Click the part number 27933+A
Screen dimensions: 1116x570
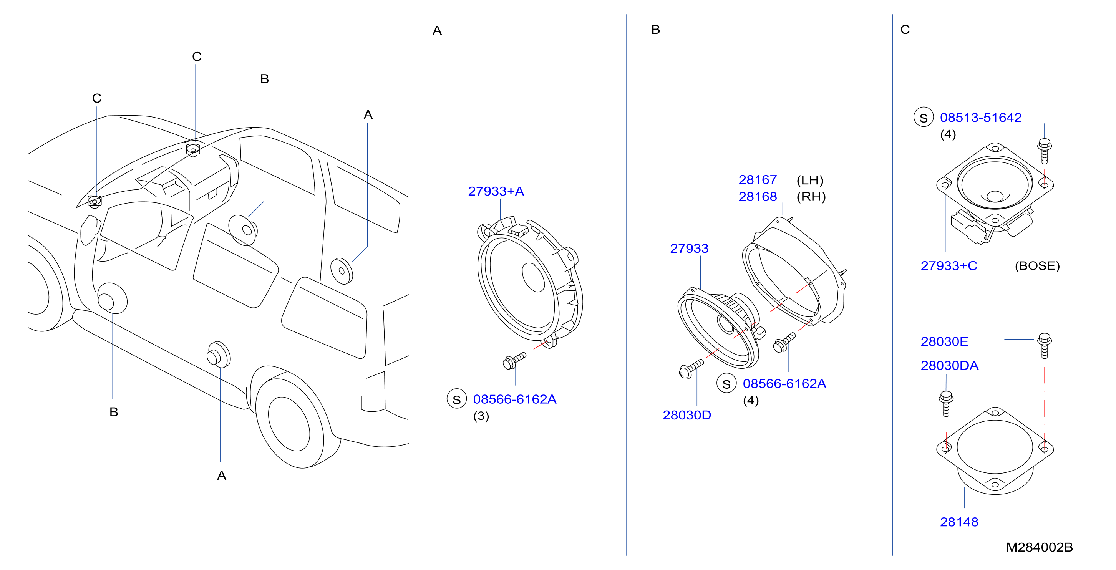[496, 191]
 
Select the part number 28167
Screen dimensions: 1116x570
[757, 180]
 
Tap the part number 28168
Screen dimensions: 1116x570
[757, 197]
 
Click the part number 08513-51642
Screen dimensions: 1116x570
[980, 118]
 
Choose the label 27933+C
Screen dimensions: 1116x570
[949, 265]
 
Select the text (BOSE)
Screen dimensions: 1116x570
[1037, 265]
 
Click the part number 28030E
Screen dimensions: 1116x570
[944, 341]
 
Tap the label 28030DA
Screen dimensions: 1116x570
[949, 366]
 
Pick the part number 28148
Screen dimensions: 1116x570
[959, 522]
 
